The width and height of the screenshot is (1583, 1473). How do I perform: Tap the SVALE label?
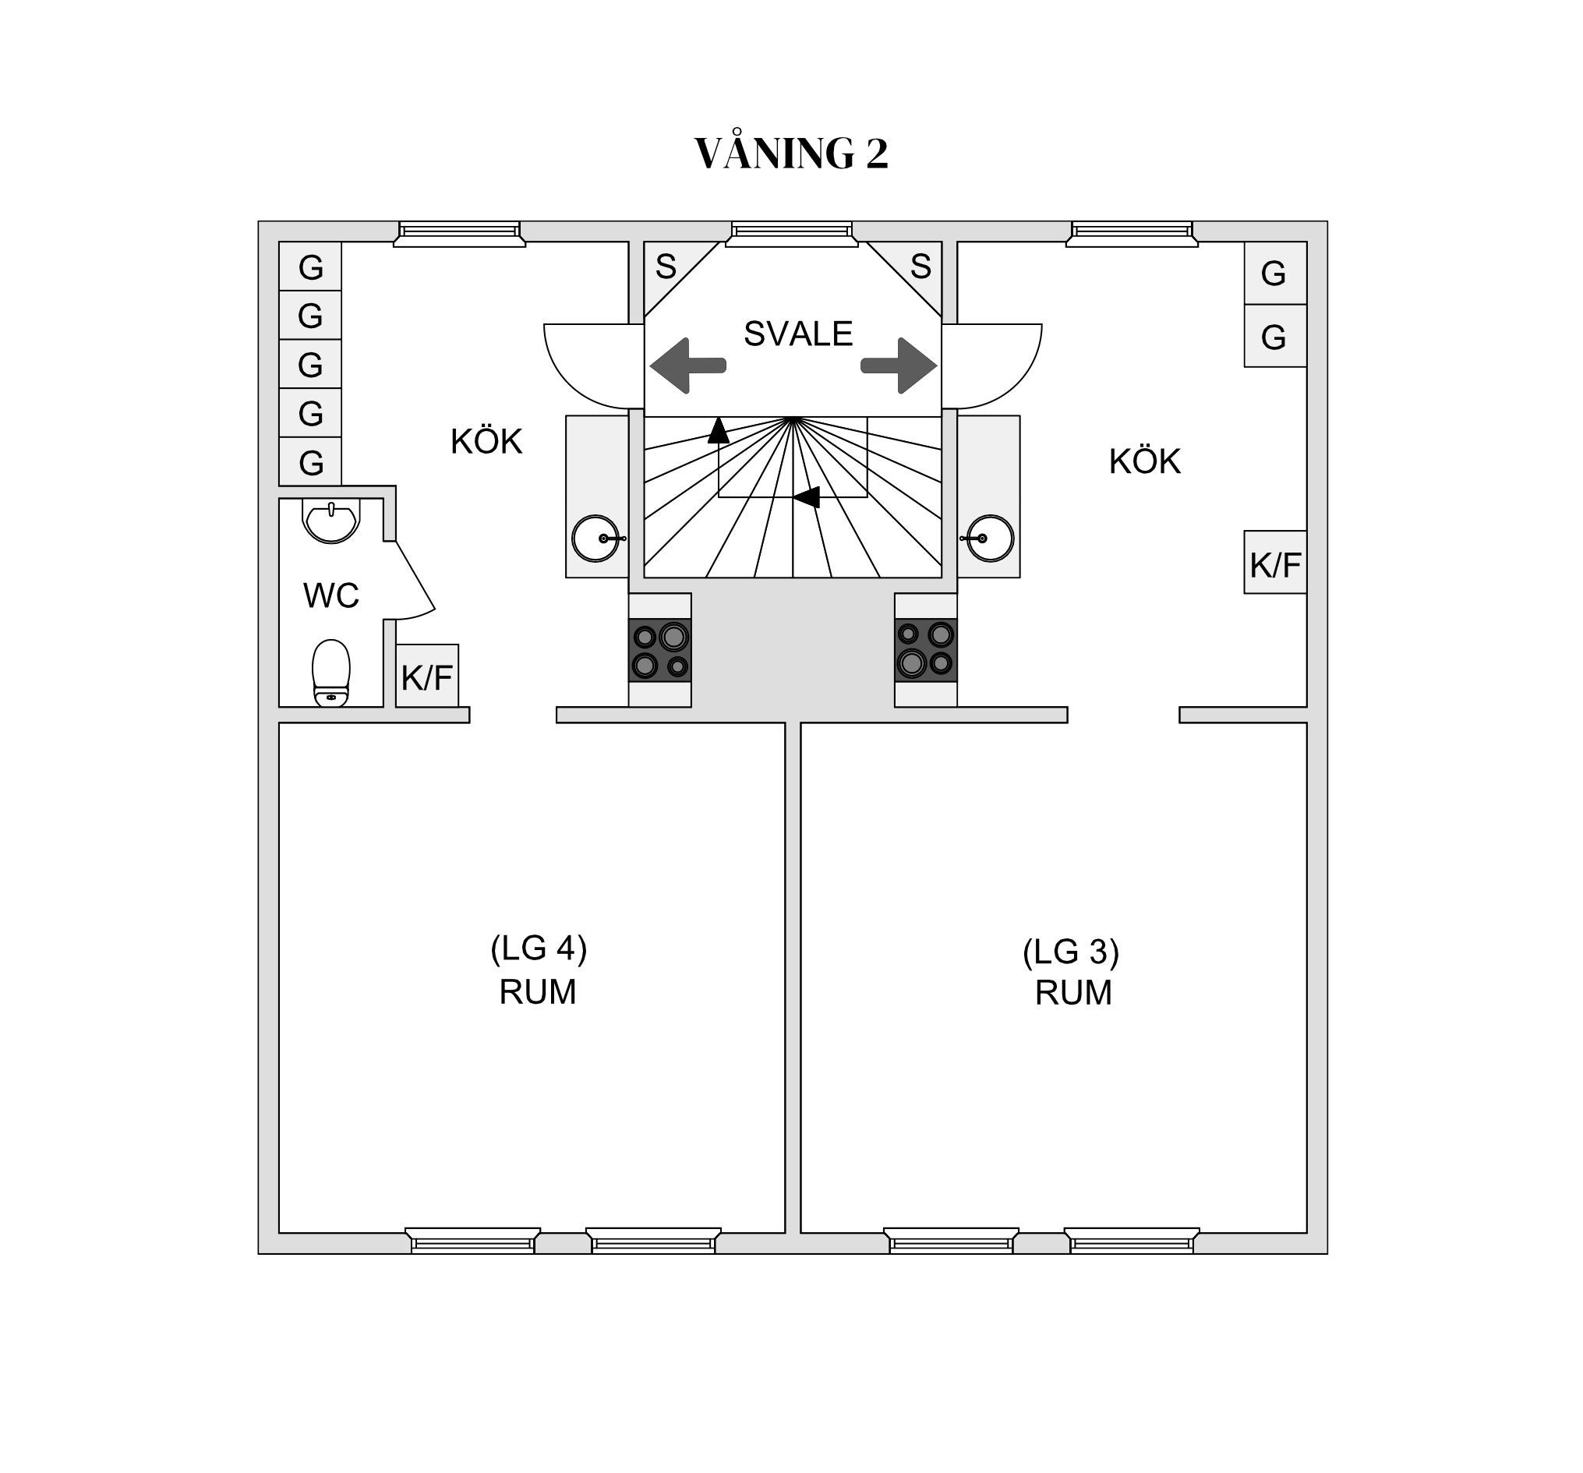coord(798,334)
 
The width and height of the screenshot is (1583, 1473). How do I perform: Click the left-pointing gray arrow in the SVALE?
coord(687,366)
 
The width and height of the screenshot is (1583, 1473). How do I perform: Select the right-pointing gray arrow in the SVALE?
coord(899,366)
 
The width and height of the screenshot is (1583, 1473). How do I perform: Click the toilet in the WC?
coord(331,672)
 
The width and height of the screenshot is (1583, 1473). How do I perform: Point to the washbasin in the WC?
coord(331,521)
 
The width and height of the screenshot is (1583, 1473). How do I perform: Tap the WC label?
coord(331,595)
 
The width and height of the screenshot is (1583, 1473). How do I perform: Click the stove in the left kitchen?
coord(660,650)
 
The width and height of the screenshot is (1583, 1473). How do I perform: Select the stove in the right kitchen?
coord(925,650)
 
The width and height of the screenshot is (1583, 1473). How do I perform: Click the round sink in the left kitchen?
coord(595,539)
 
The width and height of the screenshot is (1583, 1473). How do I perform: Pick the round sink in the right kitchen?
coord(991,539)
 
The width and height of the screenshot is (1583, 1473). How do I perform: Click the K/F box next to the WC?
coord(427,676)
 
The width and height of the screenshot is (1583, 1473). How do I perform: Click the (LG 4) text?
coord(539,948)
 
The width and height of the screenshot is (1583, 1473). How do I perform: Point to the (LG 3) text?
coord(1071,952)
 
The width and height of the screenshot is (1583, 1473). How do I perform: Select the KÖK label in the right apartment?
coord(1144,461)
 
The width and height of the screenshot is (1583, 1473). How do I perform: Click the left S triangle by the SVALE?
coord(667,268)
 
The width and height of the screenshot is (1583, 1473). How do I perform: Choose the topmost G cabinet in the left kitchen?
coord(310,267)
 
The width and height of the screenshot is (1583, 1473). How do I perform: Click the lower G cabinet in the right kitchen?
coord(1275,336)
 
